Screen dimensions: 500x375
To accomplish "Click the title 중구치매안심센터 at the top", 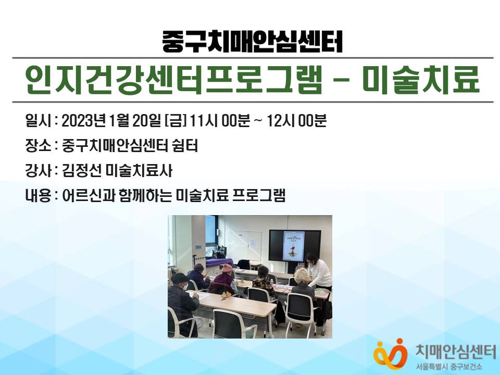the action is tap(252, 42).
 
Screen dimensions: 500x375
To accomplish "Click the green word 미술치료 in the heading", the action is tap(421, 80).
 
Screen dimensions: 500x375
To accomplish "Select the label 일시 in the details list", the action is tap(38, 121).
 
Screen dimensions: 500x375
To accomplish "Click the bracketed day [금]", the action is tap(176, 121).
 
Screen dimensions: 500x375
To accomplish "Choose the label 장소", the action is tap(38, 146).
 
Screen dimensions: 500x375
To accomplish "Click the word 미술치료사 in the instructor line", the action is tap(139, 170).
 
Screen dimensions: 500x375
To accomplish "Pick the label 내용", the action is tap(38, 195).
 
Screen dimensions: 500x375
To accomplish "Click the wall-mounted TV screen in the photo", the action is tap(295, 246).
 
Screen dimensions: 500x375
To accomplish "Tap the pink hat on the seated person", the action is tap(228, 268).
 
